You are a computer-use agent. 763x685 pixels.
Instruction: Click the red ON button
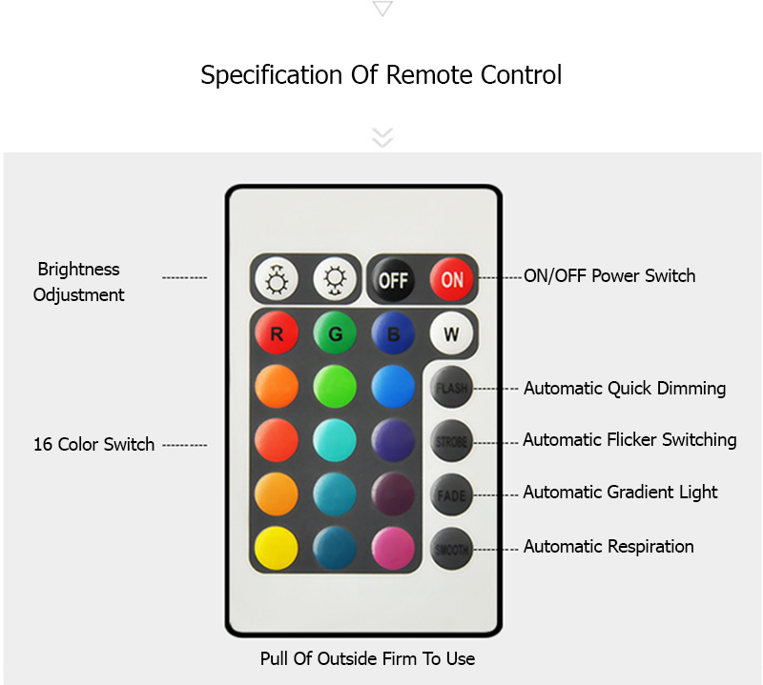click(x=451, y=280)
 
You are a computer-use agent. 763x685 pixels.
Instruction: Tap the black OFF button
click(x=393, y=280)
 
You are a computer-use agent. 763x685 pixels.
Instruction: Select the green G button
click(x=335, y=334)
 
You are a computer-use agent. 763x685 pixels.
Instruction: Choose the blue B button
click(x=393, y=334)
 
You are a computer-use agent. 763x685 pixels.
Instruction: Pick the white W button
click(x=451, y=334)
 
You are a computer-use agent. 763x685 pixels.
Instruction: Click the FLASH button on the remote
click(x=451, y=388)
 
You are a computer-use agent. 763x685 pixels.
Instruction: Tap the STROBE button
click(x=451, y=442)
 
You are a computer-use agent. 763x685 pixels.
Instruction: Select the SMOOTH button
click(x=451, y=549)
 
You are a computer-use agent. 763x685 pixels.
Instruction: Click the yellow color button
click(x=277, y=549)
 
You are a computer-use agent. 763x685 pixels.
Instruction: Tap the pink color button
click(x=393, y=549)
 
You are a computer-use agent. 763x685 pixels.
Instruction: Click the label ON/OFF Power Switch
click(x=609, y=276)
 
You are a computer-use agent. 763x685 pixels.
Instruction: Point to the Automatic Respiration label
click(x=608, y=547)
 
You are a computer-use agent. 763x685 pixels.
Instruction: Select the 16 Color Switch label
click(x=93, y=445)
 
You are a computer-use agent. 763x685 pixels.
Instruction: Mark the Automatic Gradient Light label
click(x=620, y=493)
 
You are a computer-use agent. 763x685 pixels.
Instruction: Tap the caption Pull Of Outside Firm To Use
click(x=367, y=658)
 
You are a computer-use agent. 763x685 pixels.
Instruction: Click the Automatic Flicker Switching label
click(x=629, y=440)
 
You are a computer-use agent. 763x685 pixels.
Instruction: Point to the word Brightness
click(x=78, y=270)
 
